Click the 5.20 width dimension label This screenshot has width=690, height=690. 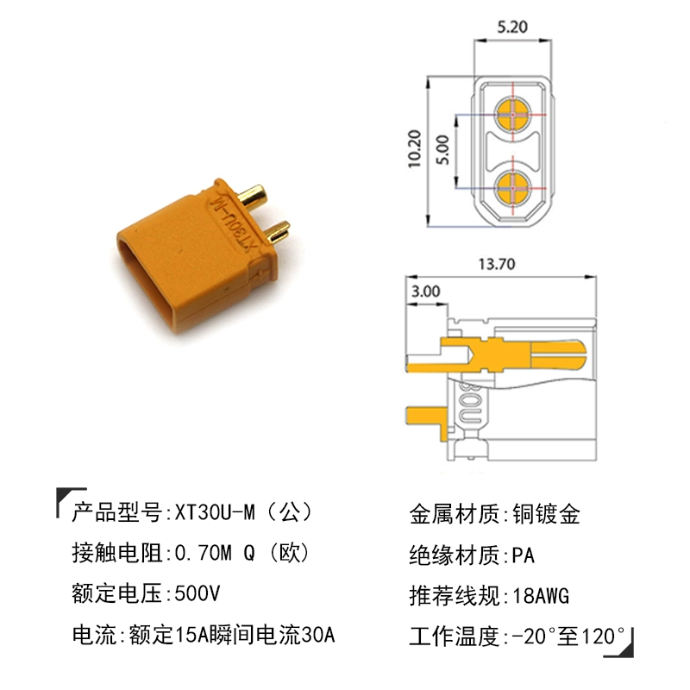click(511, 27)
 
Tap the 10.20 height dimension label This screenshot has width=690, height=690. click(415, 148)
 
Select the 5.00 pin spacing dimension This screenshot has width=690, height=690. click(442, 149)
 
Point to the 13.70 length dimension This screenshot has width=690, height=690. click(497, 264)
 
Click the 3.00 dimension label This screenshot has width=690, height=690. click(425, 291)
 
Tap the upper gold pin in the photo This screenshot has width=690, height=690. click(252, 197)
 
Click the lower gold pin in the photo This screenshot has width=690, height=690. click(278, 231)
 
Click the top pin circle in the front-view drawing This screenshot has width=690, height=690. click(513, 115)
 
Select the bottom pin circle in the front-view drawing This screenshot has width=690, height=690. click(513, 188)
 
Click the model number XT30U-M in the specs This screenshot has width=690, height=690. click(215, 512)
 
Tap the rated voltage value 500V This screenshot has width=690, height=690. click(198, 593)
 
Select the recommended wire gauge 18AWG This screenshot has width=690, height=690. click(541, 596)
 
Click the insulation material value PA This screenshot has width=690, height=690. click(524, 555)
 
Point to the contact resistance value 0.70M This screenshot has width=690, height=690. click(203, 553)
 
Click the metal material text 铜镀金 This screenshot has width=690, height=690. click(547, 514)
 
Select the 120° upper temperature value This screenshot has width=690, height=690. click(603, 636)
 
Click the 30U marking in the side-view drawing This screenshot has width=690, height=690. click(470, 403)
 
